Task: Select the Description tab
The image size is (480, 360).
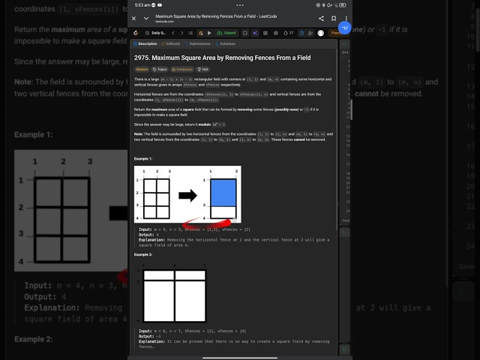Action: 145,44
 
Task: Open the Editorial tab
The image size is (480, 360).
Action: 172,44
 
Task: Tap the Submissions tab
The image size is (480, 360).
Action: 198,44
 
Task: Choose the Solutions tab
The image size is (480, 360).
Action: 225,44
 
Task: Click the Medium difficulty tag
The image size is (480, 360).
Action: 141,68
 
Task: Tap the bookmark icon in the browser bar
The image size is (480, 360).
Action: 333,18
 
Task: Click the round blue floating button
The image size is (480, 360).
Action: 344,27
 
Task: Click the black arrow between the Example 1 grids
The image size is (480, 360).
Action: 187,196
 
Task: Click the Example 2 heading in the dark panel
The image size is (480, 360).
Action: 143,255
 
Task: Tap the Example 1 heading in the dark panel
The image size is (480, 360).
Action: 143,159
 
